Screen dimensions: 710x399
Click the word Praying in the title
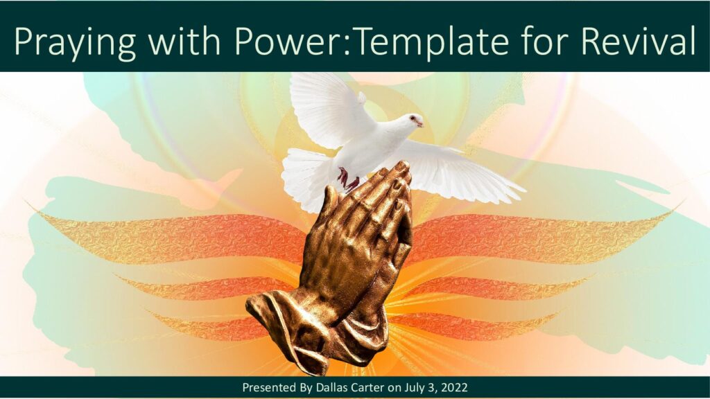[x=75, y=41]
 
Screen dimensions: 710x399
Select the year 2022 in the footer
[x=455, y=388]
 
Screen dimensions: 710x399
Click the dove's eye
[x=413, y=118]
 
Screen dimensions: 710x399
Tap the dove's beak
[x=421, y=123]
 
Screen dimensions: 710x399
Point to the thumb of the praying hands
[x=331, y=202]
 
